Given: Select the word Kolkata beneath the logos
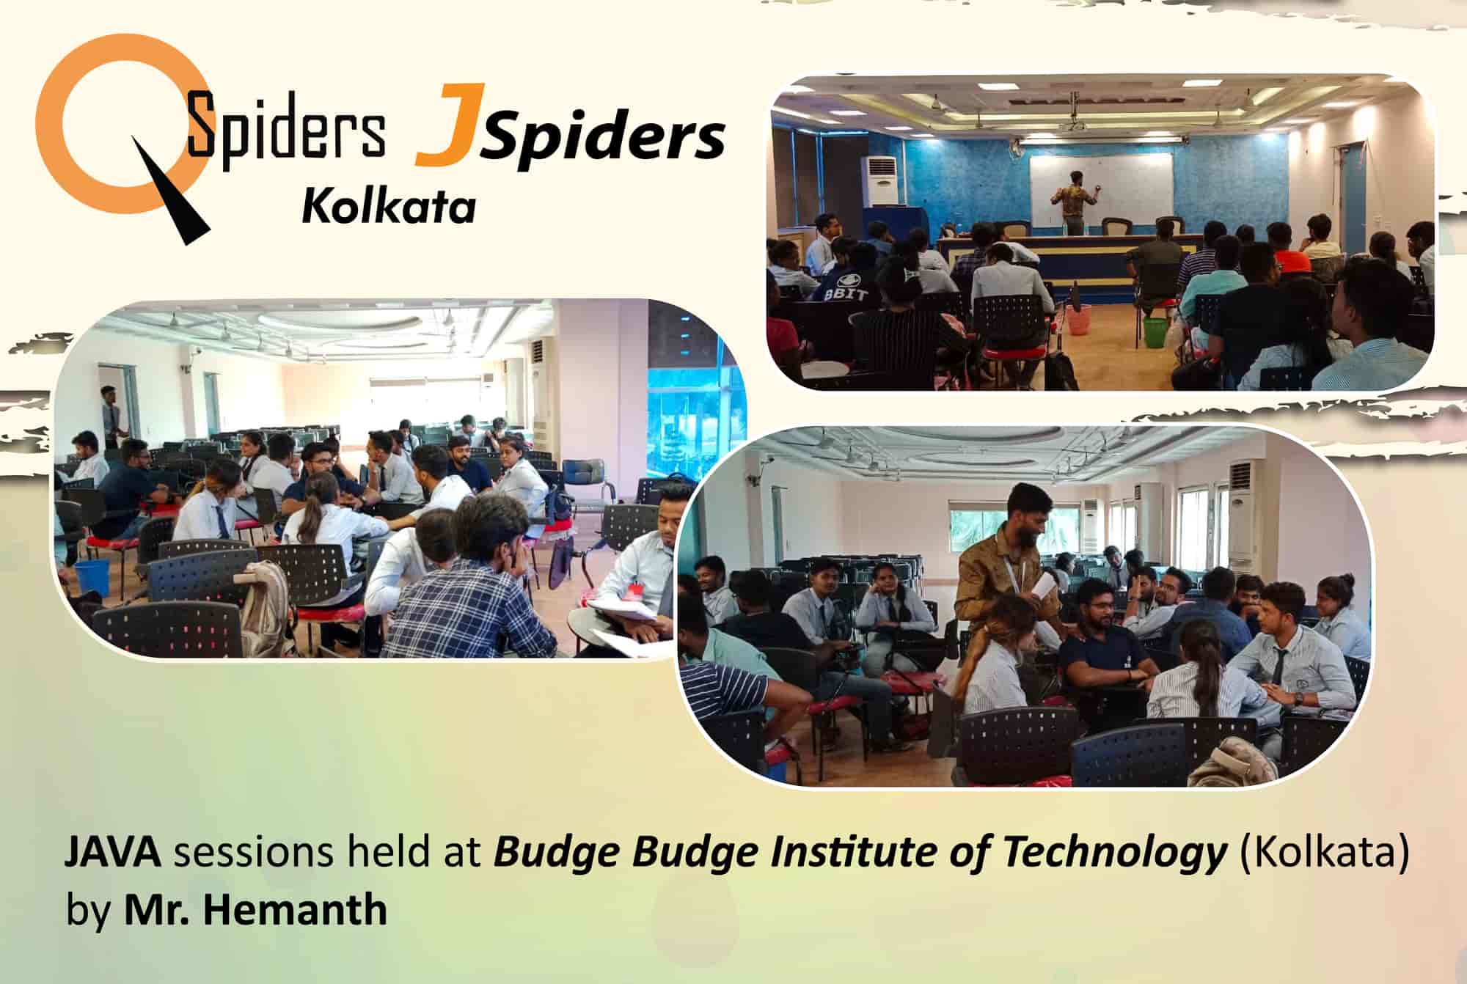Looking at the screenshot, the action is (389, 206).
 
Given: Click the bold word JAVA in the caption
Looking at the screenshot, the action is (114, 854).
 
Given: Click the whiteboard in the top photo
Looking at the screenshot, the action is (1101, 190).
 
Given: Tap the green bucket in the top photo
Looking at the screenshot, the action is (1155, 331).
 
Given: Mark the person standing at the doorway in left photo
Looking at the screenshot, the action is (112, 416).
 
